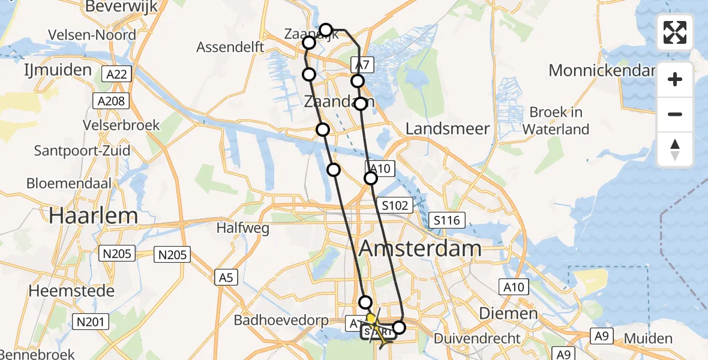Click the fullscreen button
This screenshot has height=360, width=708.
tap(675, 32)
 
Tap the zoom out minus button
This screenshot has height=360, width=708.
tap(675, 114)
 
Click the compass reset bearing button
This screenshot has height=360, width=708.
tap(675, 149)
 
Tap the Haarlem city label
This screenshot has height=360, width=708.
tap(94, 215)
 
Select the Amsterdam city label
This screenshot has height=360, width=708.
tap(420, 248)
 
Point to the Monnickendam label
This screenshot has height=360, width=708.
tap(601, 70)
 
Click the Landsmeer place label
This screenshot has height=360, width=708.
tap(448, 128)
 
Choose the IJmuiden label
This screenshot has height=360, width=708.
tap(58, 70)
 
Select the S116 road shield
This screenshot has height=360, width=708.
tap(448, 220)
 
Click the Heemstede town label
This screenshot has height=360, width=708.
tap(71, 291)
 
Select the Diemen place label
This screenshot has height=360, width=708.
tap(499, 314)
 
